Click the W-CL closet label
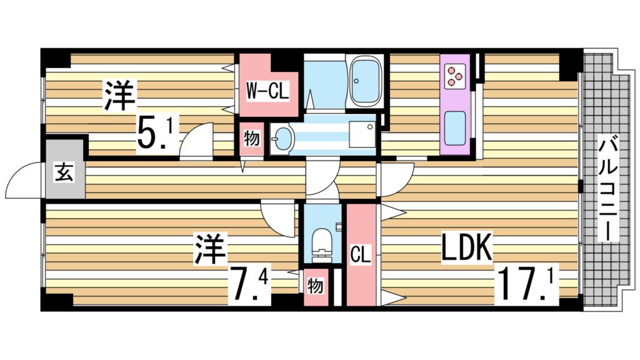267,91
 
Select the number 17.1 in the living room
526,283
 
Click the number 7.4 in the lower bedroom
249,286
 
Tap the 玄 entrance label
64,172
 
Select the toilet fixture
322,244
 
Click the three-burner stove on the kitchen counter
454,76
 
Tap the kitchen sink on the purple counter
455,127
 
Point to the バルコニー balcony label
608,187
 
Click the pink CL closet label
361,255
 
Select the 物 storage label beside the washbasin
252,138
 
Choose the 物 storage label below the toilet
315,286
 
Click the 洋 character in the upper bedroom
120,96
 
